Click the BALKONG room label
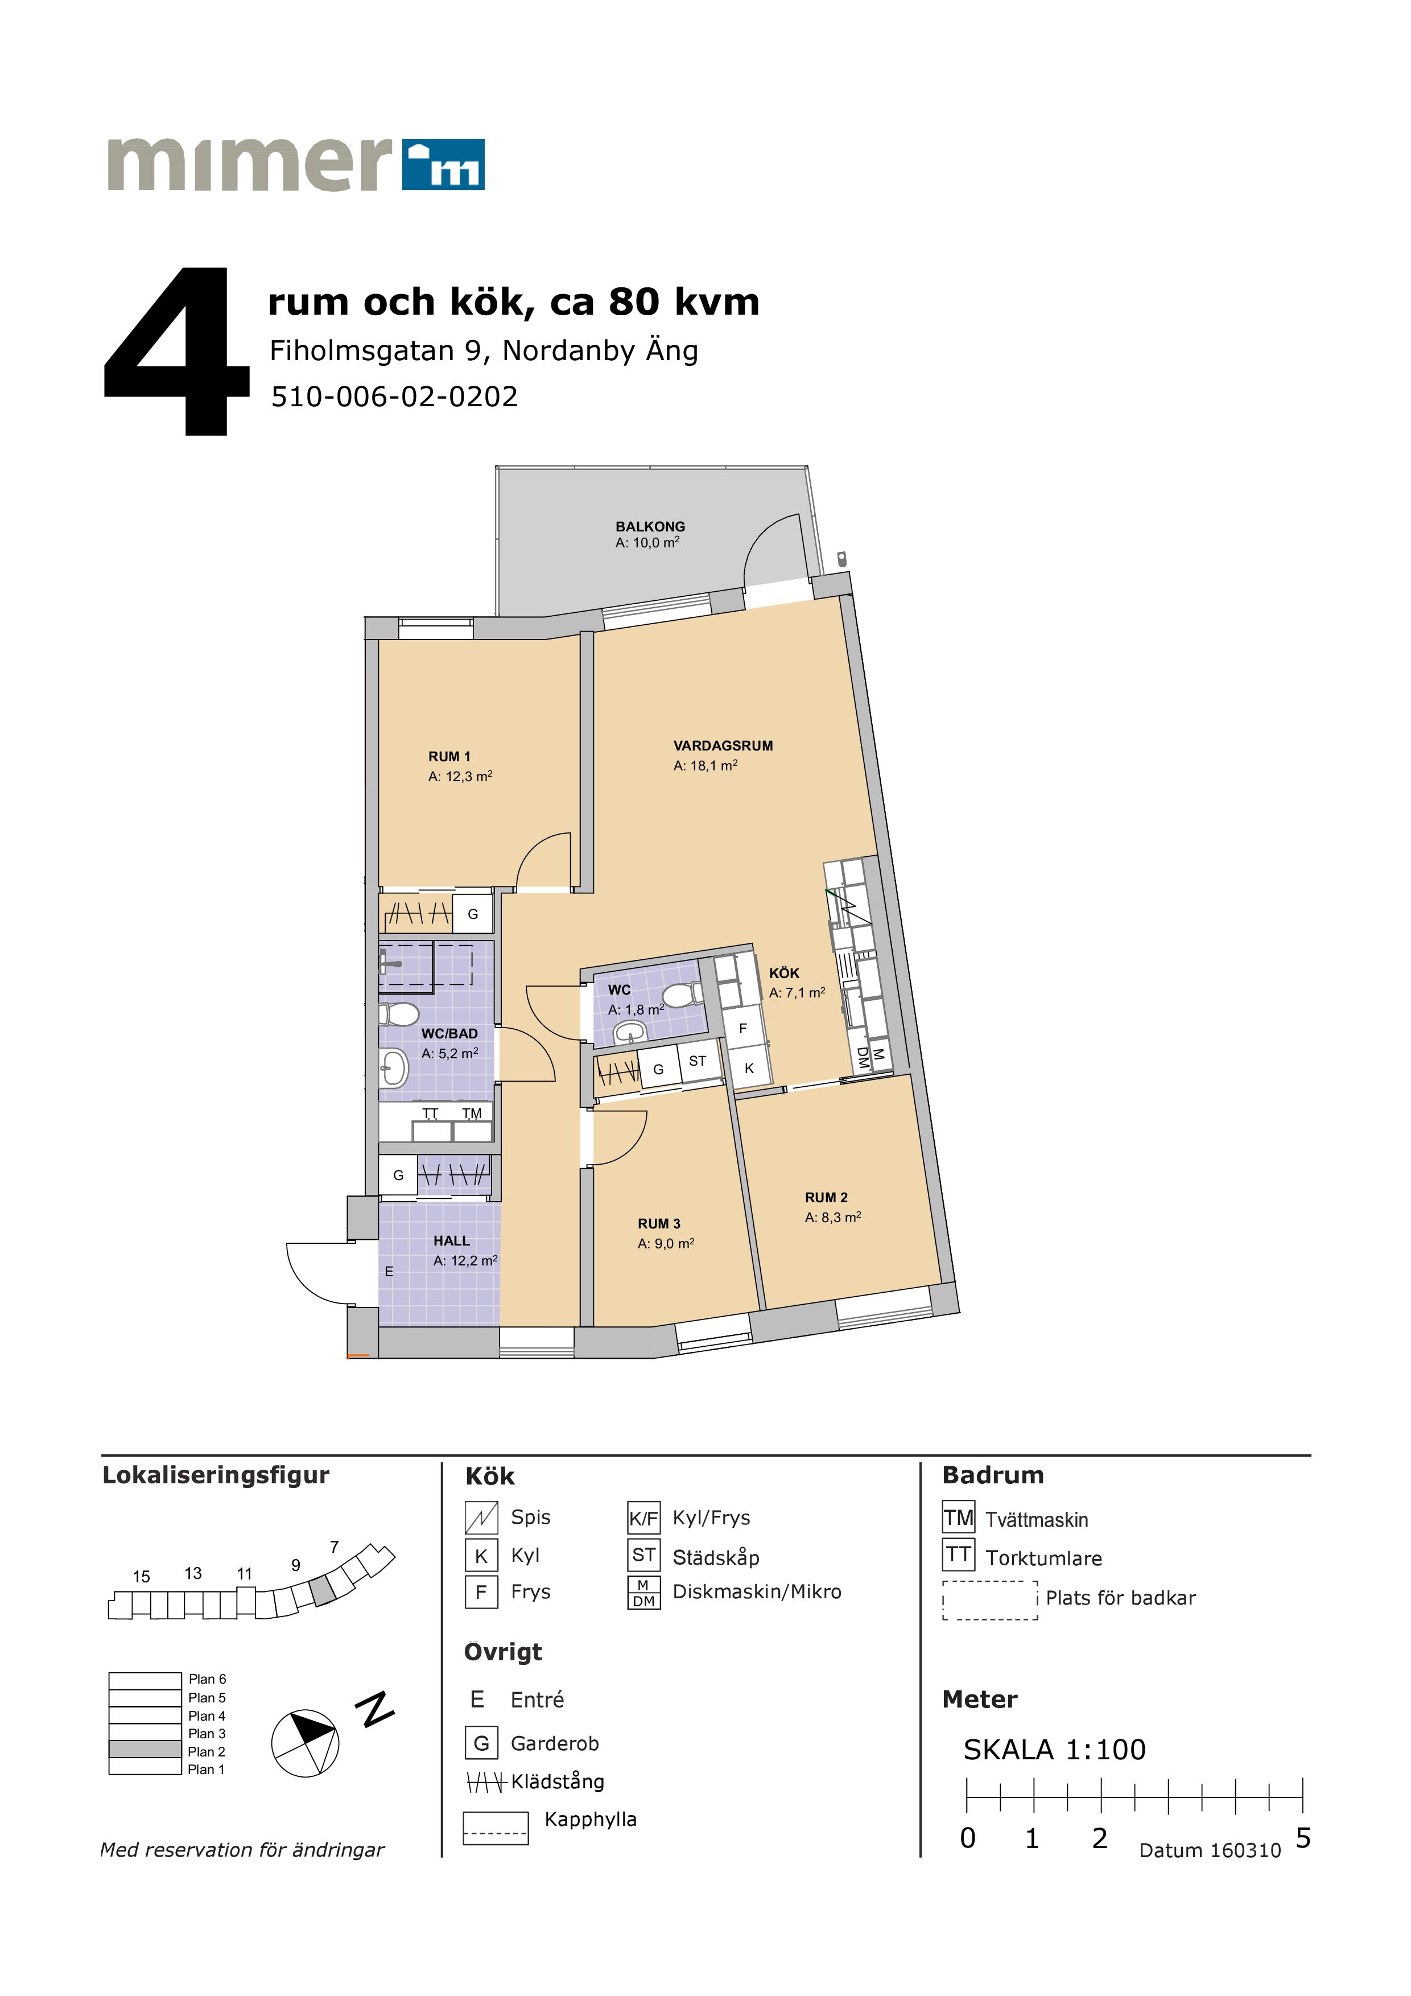click(x=650, y=526)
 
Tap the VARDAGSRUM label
click(x=723, y=745)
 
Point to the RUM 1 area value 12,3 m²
click(x=461, y=776)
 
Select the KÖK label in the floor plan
click(x=784, y=973)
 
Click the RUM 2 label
click(x=826, y=1197)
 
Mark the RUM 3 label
click(x=659, y=1223)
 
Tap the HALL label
click(x=451, y=1240)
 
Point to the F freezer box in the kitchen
click(x=743, y=1028)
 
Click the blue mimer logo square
click(x=443, y=164)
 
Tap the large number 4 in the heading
click(x=176, y=352)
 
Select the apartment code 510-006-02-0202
click(x=395, y=397)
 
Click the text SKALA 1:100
click(x=1055, y=1749)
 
